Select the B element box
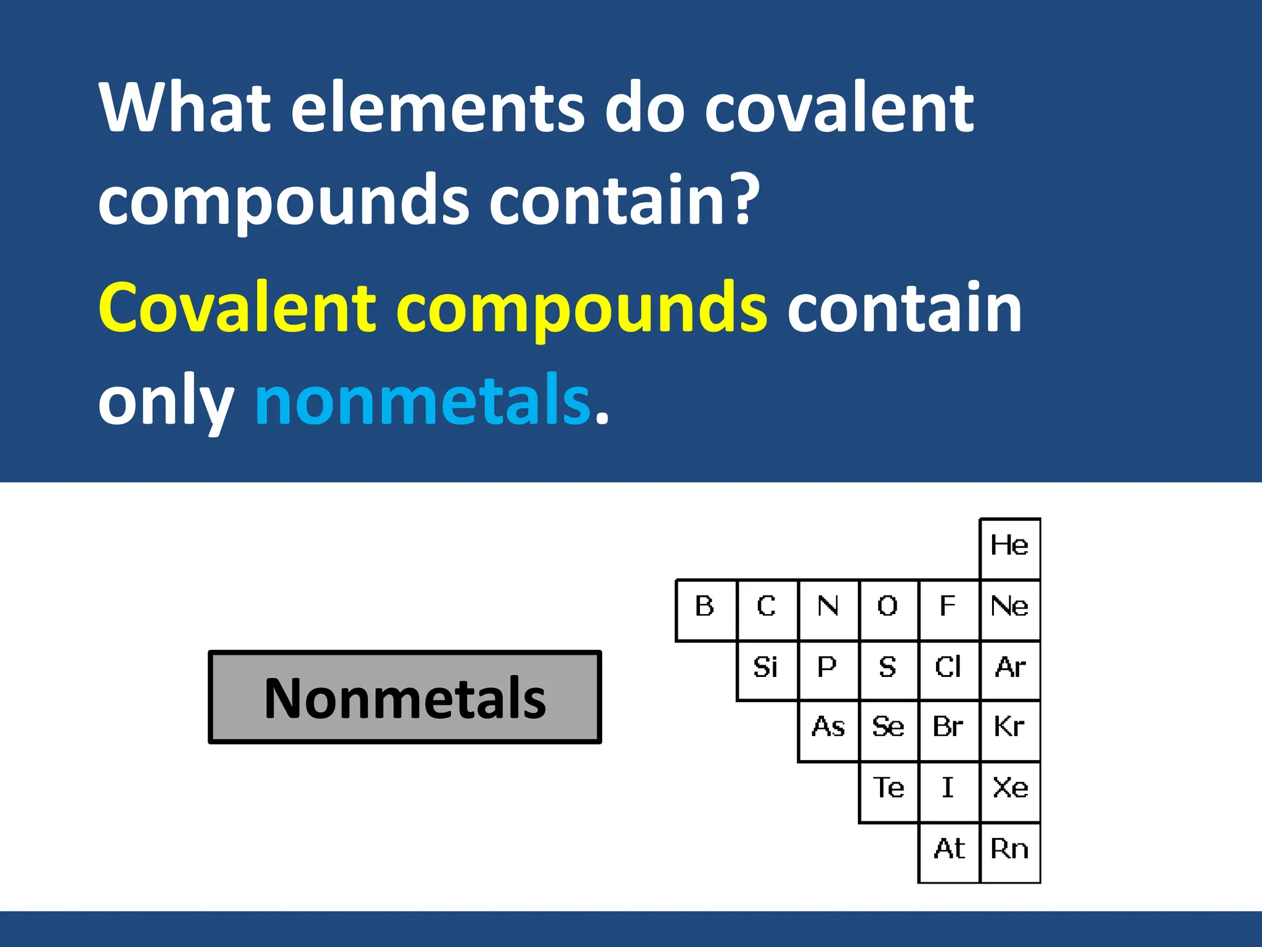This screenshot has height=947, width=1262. point(706,609)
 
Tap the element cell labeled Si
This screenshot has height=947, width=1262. point(767,670)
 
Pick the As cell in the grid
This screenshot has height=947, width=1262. point(828,730)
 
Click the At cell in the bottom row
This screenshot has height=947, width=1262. point(948,851)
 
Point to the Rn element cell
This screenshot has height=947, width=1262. point(1009,851)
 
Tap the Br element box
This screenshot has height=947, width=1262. point(948,730)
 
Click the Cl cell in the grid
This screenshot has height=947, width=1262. point(948,670)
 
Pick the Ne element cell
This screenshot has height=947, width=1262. point(1009,609)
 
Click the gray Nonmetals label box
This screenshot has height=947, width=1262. point(405,697)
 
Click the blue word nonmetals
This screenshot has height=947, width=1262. point(423,401)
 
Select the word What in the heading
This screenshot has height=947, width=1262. point(185,108)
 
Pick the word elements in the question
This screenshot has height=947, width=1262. point(438,108)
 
